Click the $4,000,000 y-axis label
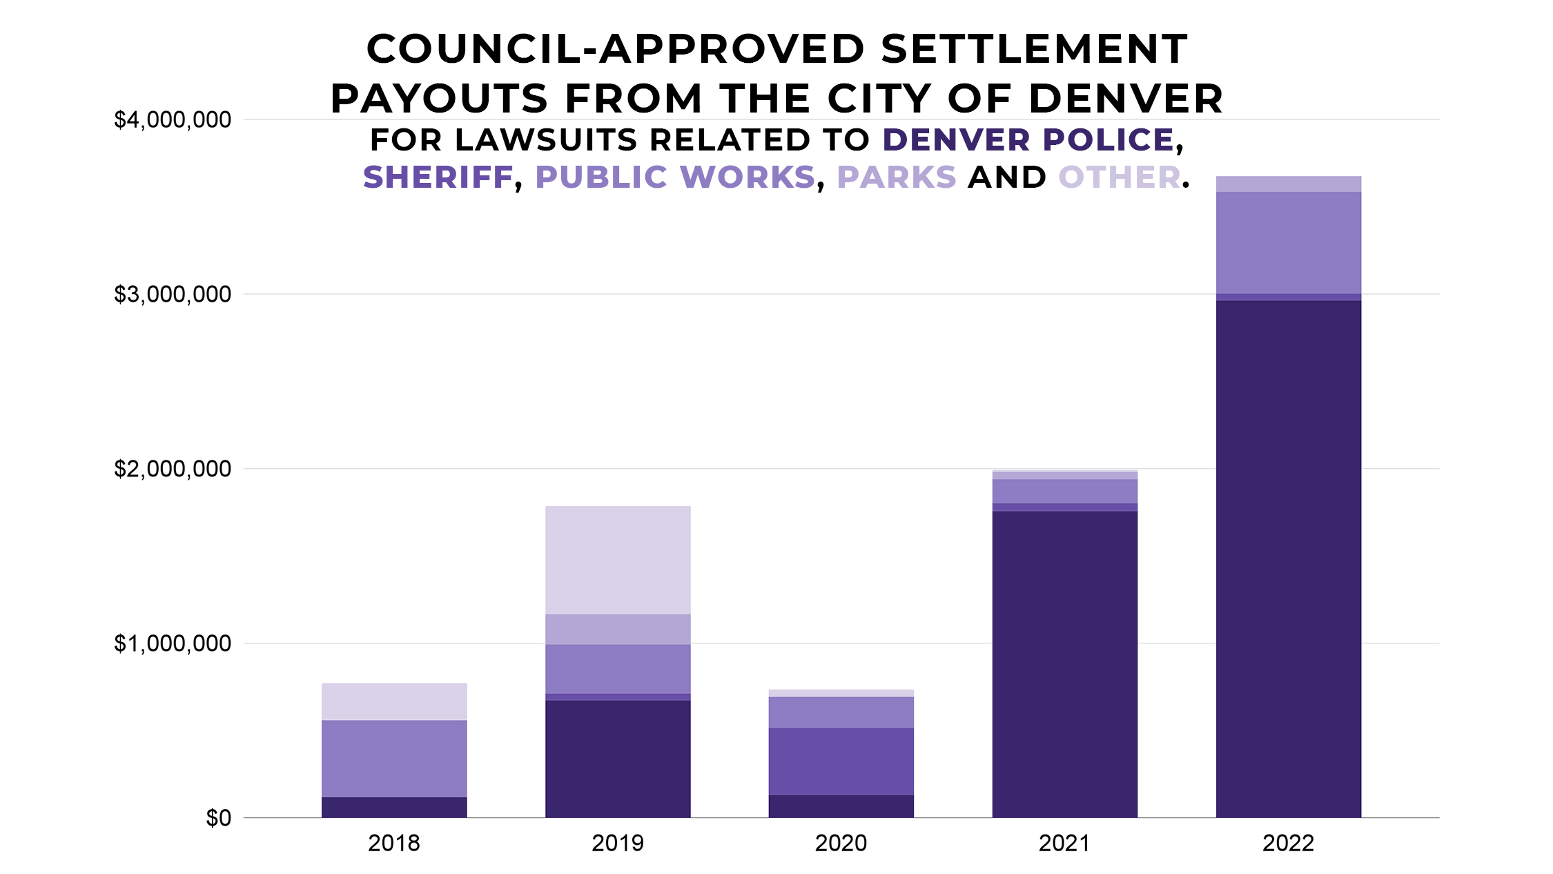173,120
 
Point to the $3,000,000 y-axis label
173,295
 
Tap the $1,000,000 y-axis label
173,644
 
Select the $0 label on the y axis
218,819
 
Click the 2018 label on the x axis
393,844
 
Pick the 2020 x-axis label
841,844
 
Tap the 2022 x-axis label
1288,844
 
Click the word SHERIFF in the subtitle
438,177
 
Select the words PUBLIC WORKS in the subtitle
675,177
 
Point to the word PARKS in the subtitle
897,177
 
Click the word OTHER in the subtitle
1120,177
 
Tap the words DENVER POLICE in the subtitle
1028,140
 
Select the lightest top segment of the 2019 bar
618,560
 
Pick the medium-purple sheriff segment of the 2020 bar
841,761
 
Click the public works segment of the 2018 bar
393,759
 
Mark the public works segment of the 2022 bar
1288,243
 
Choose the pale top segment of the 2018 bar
393,702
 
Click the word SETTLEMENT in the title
1034,50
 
